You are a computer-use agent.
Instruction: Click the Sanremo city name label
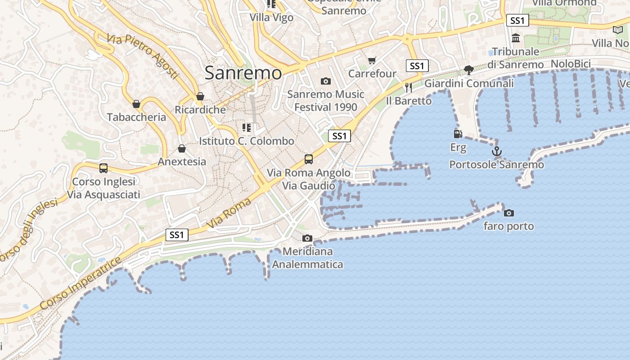pos(243,73)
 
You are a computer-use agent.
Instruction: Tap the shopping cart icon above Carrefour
pos(372,60)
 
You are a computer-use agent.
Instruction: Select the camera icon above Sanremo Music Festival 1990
pos(325,81)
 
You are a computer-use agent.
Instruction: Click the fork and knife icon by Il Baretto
pos(409,87)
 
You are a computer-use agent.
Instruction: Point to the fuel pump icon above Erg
pos(458,134)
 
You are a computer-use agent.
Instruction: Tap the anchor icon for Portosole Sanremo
pos(496,151)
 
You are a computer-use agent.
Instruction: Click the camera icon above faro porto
pos(508,213)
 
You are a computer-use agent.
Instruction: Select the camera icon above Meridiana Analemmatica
pos(307,238)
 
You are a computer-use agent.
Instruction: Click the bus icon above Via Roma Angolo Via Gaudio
pos(308,159)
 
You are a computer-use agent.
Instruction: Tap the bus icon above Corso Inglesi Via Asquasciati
pos(103,168)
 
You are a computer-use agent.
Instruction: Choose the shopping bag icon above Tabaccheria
pos(136,104)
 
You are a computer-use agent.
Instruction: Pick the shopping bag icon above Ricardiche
pos(200,96)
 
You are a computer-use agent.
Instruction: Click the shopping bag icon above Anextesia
pos(182,148)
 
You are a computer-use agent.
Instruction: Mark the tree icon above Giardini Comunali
pos(468,70)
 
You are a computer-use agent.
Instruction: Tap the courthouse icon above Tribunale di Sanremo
pos(516,38)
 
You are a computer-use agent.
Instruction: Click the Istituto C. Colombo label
pos(247,141)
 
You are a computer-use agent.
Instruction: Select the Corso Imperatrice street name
pos(81,283)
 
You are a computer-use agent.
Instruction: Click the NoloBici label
pos(571,64)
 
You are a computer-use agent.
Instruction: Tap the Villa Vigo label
pos(271,18)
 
